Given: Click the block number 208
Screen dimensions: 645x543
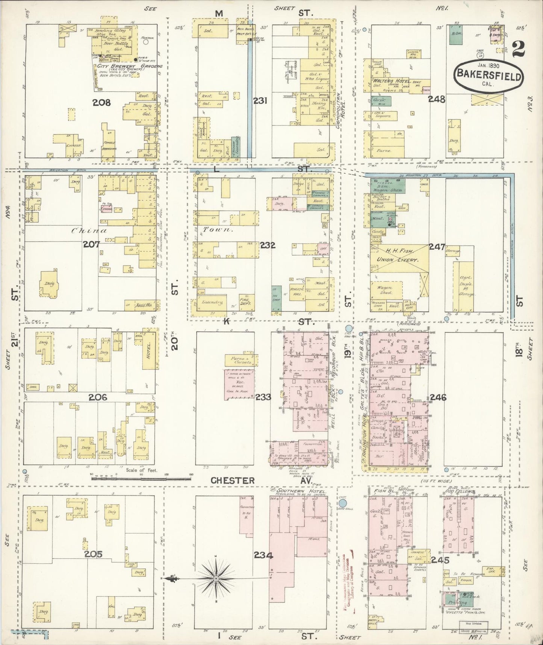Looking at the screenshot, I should (x=101, y=102).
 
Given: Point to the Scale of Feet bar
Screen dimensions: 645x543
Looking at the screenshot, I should (x=141, y=479).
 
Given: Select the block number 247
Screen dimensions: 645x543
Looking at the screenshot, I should (x=437, y=247).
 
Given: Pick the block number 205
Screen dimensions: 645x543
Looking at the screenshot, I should (x=93, y=554).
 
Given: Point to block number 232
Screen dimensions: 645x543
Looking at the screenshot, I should (x=267, y=245).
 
